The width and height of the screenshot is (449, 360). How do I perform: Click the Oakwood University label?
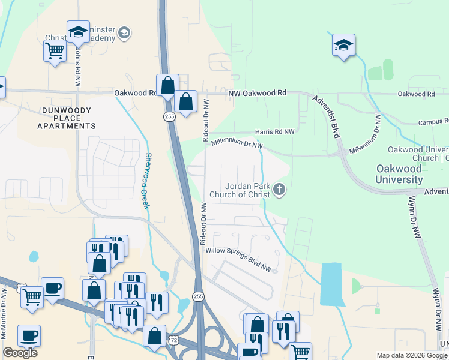click(399, 174)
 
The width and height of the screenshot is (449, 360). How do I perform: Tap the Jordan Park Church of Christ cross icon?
click(279, 190)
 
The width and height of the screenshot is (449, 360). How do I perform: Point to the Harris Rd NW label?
click(274, 131)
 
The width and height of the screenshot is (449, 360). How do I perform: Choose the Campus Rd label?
click(433, 121)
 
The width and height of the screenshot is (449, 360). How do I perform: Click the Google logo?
click(20, 353)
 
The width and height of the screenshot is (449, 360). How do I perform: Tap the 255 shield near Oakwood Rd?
click(170, 116)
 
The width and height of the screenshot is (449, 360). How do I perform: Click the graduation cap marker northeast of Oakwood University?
click(343, 45)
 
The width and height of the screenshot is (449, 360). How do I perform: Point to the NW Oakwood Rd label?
click(257, 94)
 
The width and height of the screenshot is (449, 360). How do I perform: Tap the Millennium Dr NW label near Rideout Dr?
click(237, 144)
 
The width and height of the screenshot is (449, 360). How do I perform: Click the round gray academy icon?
click(125, 32)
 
